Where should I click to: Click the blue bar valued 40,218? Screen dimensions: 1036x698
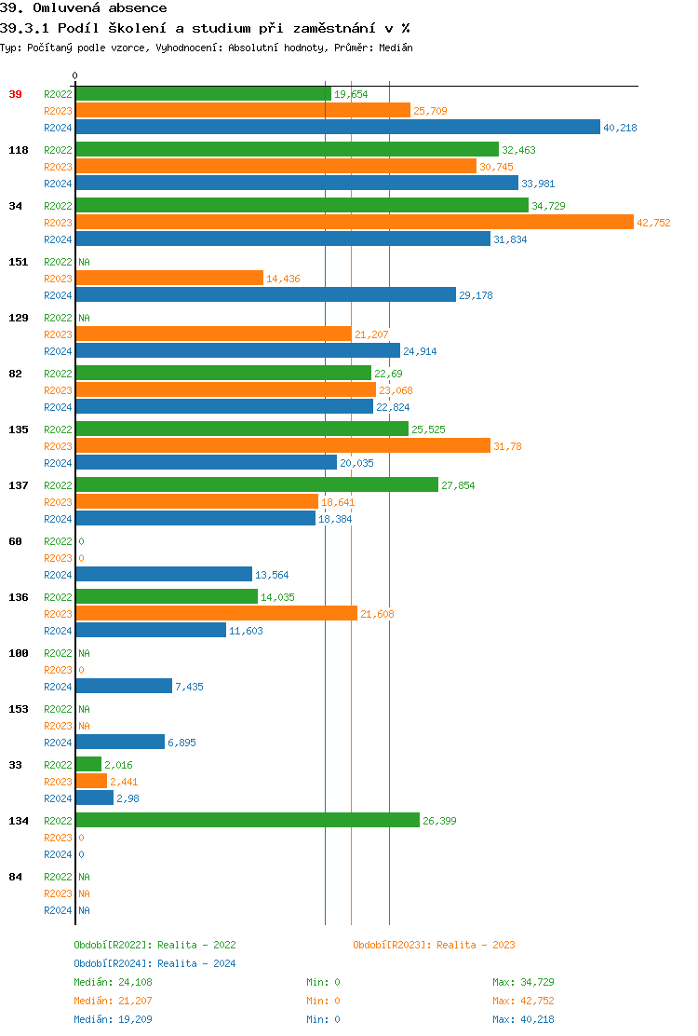pos(337,128)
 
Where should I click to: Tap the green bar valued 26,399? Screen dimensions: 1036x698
pos(247,821)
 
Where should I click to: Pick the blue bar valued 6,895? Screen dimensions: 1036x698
pos(120,743)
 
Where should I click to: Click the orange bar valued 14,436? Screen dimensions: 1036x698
pos(169,279)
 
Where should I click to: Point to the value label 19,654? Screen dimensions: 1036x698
pos(351,94)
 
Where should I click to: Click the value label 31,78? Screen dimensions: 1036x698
pos(507,446)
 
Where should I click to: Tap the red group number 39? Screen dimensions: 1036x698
pos(16,94)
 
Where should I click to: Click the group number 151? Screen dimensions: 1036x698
pos(19,262)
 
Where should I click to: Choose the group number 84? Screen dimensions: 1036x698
pos(16,877)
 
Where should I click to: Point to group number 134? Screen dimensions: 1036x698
pos(19,821)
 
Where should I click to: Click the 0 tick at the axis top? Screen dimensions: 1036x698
pos(75,75)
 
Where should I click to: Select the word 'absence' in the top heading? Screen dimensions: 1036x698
pos(138,8)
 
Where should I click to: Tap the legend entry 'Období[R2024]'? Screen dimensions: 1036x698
pos(114,963)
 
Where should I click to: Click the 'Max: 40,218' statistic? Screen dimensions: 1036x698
pos(523,1019)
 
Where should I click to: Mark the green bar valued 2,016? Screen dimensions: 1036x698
pos(88,765)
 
